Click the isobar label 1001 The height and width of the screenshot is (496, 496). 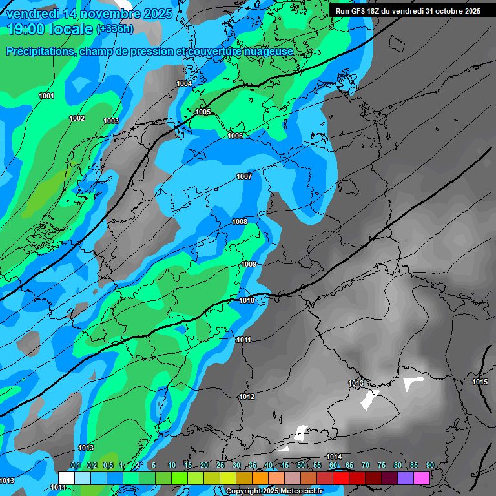(46, 96)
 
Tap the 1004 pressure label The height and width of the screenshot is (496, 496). (184, 84)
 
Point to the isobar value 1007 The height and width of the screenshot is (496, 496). (244, 176)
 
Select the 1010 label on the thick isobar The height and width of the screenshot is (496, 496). (247, 300)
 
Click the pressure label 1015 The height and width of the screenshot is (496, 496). (480, 382)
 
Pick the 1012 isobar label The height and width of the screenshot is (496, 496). (247, 397)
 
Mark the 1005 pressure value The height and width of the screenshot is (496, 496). (203, 112)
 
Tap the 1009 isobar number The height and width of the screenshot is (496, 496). (249, 265)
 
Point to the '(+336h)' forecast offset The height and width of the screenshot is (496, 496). (115, 29)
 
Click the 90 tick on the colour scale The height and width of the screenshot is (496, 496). (429, 466)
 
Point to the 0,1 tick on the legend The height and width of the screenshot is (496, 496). (75, 466)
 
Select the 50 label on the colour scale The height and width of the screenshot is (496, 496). (301, 466)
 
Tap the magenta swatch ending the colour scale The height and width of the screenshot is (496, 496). (422, 478)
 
